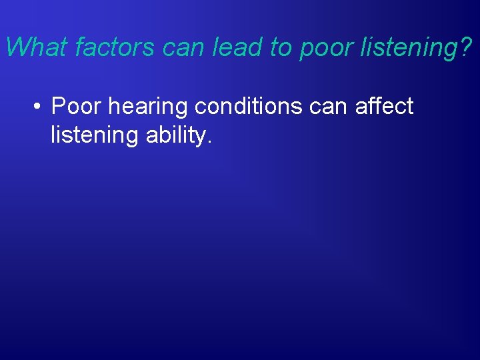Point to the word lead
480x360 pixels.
coord(230,47)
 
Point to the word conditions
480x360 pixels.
coord(251,106)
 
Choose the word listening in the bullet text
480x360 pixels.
coord(93,135)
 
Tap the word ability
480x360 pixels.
coord(173,135)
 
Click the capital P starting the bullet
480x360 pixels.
coord(59,106)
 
